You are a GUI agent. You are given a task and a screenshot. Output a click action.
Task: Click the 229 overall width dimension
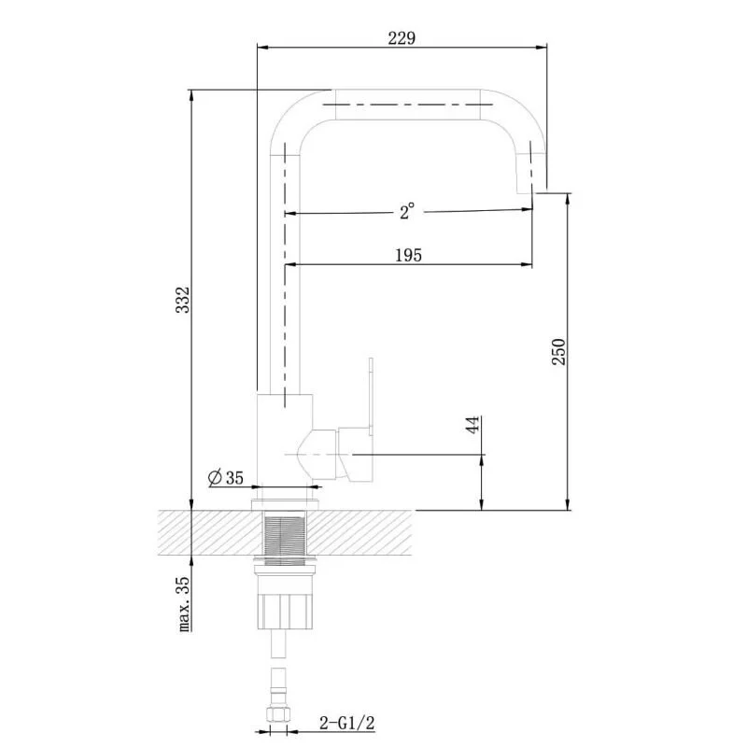402,38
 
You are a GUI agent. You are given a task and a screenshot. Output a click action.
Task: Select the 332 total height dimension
182,300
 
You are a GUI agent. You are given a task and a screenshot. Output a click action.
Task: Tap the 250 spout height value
558,352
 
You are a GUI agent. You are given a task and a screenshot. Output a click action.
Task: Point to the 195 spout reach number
408,255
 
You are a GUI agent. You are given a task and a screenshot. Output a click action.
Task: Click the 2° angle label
406,212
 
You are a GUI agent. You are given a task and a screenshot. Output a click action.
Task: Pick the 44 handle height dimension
472,425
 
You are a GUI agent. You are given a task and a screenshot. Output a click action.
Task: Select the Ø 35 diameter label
226,477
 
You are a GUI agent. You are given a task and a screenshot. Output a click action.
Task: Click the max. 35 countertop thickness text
184,603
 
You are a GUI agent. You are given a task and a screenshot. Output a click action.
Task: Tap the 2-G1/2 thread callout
346,723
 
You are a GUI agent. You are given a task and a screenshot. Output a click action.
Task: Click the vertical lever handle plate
371,396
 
